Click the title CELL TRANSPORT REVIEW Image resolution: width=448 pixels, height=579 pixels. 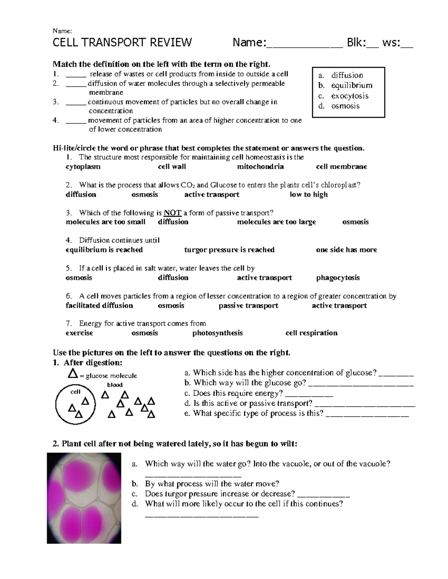122,43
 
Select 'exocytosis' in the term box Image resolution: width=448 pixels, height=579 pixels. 349,96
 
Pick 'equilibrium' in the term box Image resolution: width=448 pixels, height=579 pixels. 351,85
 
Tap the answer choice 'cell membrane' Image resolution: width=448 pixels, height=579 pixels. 341,167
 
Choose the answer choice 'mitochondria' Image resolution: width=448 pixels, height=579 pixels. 260,167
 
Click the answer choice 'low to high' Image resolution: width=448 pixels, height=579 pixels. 308,194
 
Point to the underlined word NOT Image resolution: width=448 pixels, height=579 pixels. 172,213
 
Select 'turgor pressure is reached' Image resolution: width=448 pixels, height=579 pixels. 229,250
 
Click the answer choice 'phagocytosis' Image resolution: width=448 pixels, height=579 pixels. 338,278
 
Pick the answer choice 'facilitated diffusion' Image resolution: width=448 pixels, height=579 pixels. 99,306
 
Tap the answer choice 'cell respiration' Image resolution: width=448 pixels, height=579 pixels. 311,333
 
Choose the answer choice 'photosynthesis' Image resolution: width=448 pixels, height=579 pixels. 217,333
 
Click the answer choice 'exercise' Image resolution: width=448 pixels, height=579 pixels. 79,333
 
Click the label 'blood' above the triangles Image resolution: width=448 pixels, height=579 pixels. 115,385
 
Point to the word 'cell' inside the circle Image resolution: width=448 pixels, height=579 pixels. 75,392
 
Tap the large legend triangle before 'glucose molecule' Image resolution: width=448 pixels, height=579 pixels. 73,373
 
